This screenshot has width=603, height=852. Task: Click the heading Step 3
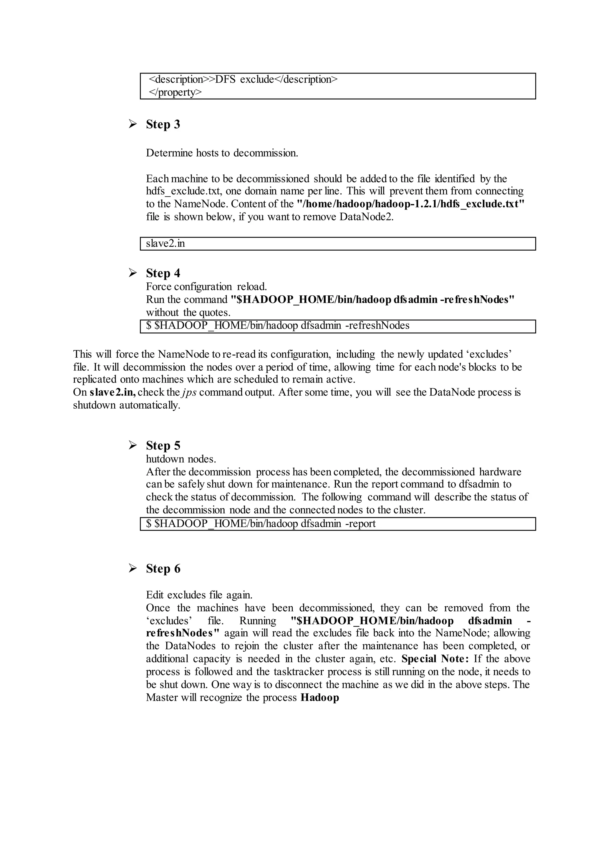tap(163, 124)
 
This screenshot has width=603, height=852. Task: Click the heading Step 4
tap(163, 273)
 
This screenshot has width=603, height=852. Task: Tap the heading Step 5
tap(163, 445)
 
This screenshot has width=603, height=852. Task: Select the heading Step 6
tap(163, 568)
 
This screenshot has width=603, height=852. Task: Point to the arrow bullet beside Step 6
tap(132, 568)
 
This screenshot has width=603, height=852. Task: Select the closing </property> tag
tap(175, 92)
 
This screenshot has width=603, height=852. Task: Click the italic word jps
tap(189, 392)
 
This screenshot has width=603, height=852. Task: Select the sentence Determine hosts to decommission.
tap(222, 153)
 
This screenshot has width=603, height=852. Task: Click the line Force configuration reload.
tap(206, 287)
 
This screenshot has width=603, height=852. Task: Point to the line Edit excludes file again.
tap(199, 595)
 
